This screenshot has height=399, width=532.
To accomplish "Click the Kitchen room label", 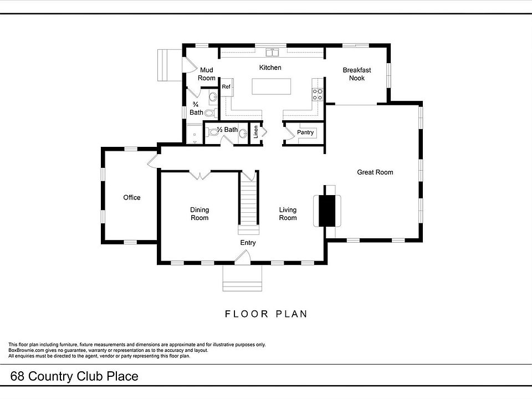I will [270, 68].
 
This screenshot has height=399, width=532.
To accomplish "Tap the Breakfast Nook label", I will [357, 74].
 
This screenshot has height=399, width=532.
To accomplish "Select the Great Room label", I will [375, 172].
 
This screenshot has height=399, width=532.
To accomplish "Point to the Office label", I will [132, 198].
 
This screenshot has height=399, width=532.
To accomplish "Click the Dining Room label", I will [199, 214].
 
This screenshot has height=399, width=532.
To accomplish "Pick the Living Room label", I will [288, 214].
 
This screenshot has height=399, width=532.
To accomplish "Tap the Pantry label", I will [305, 132].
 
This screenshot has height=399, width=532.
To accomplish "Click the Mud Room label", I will [207, 74].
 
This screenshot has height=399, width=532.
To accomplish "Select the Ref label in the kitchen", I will [226, 87].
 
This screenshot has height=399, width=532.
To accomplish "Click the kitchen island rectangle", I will [272, 87].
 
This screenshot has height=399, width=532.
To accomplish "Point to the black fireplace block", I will [328, 211].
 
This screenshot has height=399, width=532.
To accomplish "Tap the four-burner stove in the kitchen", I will [318, 95].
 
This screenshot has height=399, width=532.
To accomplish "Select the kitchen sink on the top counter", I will [272, 53].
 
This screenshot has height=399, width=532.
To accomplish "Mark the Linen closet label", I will [255, 132].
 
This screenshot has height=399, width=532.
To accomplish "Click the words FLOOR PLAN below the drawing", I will [266, 314].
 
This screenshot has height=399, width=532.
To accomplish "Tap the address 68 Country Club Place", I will [74, 377].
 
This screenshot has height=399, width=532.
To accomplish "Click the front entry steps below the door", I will [242, 278].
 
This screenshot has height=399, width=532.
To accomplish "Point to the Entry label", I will [248, 243].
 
